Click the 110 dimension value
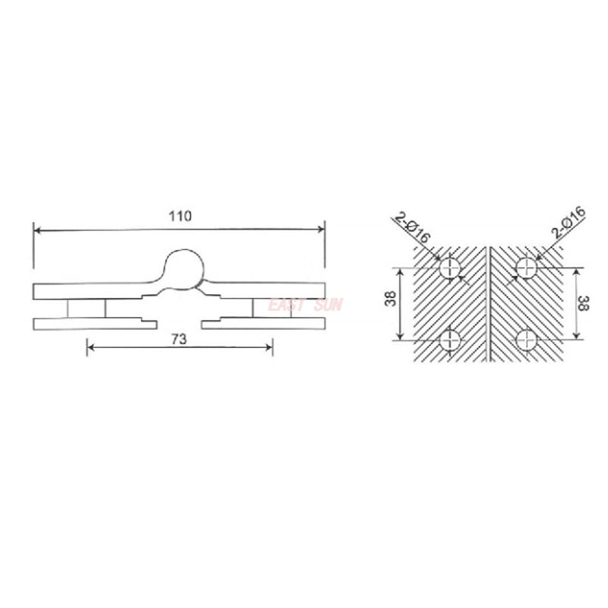click(180, 216)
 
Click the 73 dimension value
click(179, 339)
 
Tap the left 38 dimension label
click(391, 298)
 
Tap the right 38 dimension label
click(583, 302)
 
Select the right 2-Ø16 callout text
click(569, 222)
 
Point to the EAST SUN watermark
click(305, 305)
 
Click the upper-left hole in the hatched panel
click(450, 268)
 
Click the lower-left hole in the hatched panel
click(450, 340)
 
